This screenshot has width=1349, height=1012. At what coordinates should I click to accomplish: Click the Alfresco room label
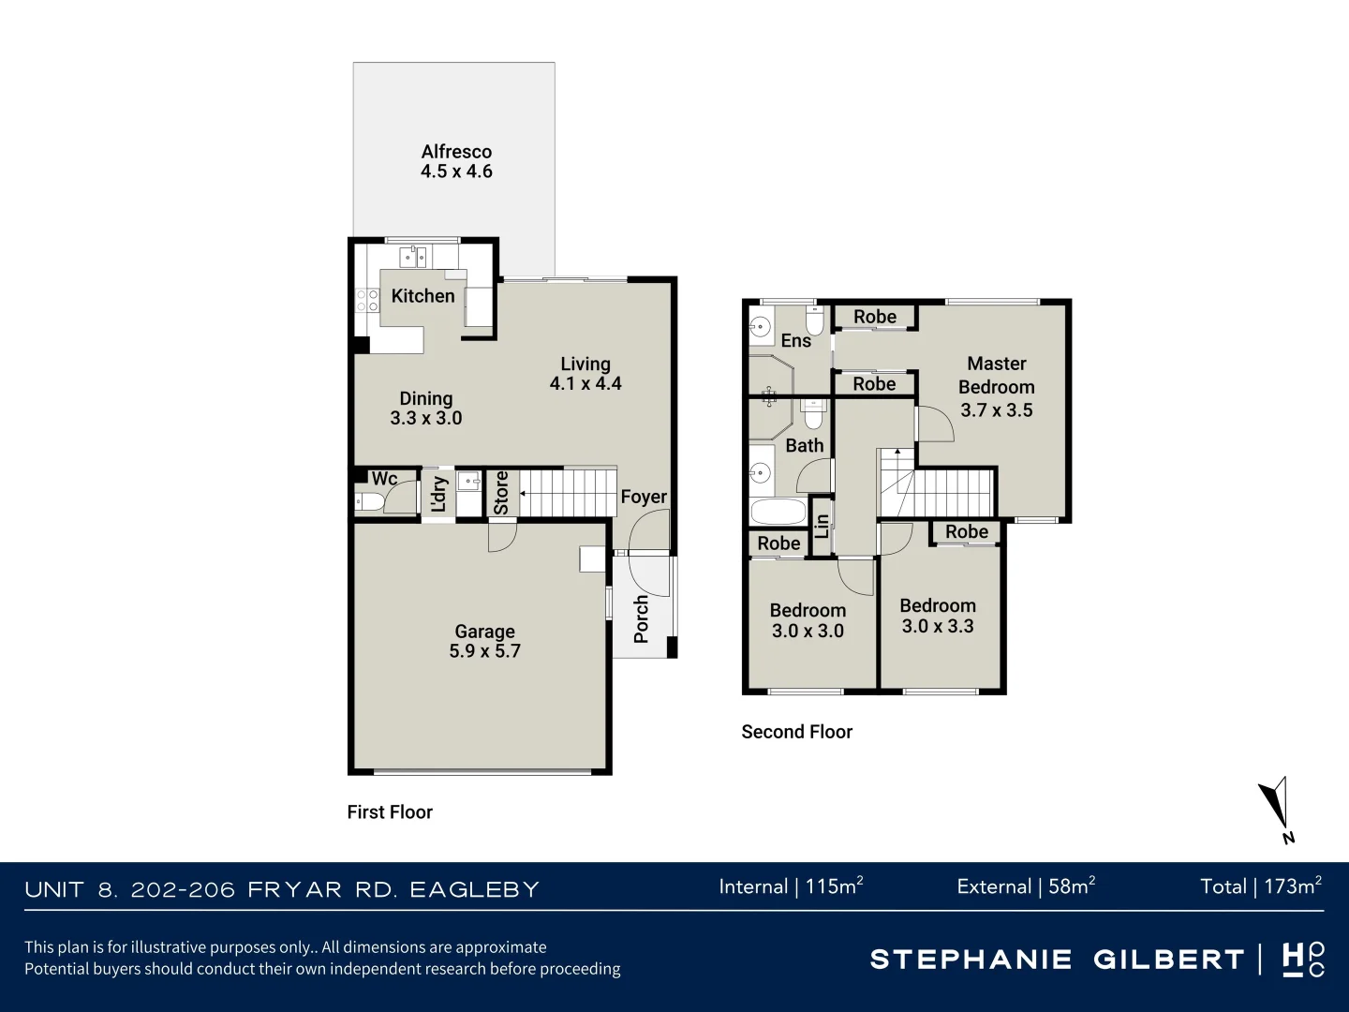coord(456,152)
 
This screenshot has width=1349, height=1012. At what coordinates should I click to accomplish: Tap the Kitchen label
coord(422,296)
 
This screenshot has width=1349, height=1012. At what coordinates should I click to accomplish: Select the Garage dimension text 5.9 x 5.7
coord(484,651)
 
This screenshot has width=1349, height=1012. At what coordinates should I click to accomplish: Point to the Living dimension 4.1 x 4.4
coord(586,383)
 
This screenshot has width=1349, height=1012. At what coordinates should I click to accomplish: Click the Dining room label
coord(426,399)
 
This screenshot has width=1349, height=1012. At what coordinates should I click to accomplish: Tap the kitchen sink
coord(413,256)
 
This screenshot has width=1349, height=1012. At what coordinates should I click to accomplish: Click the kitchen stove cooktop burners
coord(367,301)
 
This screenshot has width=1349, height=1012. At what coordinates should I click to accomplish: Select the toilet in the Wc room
coord(369,502)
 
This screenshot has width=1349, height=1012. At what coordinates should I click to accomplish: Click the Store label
coord(501,493)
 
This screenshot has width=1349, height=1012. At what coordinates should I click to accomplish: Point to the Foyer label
coord(644,497)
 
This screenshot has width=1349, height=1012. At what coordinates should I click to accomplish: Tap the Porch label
coord(642,618)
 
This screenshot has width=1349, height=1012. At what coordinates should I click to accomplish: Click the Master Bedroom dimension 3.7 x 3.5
coord(996,410)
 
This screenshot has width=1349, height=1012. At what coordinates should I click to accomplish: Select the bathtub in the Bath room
coord(778,512)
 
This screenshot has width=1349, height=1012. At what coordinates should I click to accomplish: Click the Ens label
coord(796,341)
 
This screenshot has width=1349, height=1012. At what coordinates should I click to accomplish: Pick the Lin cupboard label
coord(822,527)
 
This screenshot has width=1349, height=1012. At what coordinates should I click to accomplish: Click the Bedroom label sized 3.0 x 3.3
coord(938,606)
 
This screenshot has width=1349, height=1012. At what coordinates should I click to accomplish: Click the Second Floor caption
coord(796,732)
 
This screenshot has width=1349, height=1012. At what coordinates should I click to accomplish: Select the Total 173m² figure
coord(1260,886)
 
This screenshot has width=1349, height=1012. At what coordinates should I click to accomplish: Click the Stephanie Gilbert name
coord(1057,960)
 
